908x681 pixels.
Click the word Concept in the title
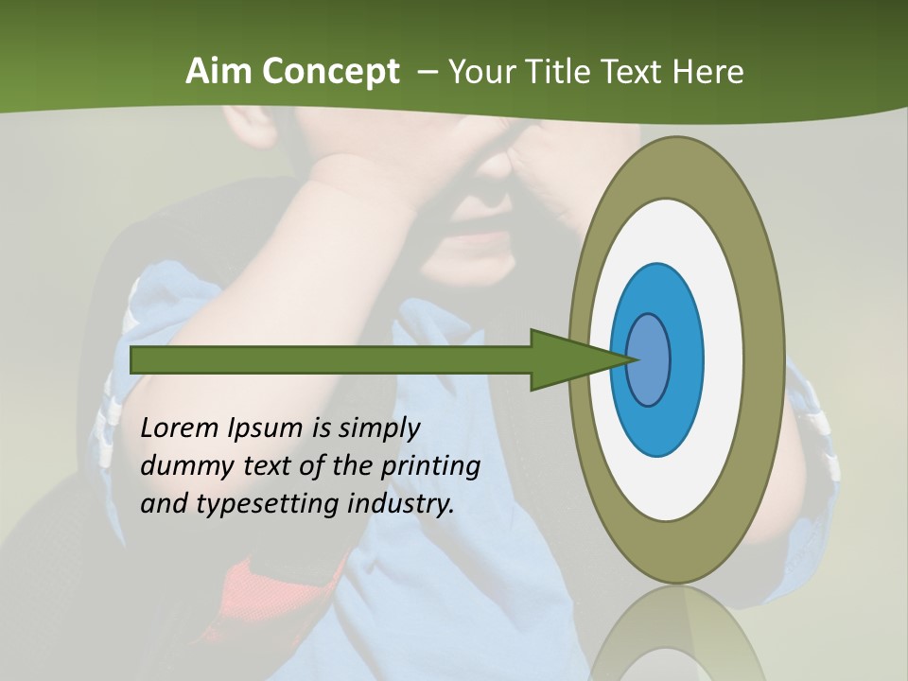pyautogui.click(x=331, y=72)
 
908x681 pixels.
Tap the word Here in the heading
pyautogui.click(x=707, y=72)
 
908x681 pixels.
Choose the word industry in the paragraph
pyautogui.click(x=401, y=504)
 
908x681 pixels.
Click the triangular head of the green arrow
pyautogui.click(x=567, y=359)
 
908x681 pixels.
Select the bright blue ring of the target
pyautogui.click(x=686, y=359)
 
